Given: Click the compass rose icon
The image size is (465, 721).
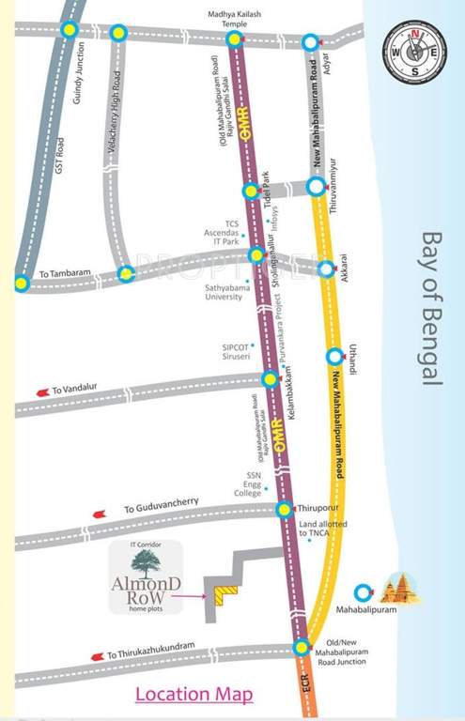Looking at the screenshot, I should pyautogui.click(x=414, y=53).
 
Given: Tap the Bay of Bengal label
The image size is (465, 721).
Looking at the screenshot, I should pyautogui.click(x=431, y=309).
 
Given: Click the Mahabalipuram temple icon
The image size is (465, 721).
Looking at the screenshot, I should pyautogui.click(x=401, y=590).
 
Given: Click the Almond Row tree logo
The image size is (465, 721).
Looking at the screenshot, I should pyautogui.click(x=146, y=564).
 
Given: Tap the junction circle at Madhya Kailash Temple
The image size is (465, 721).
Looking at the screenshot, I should pyautogui.click(x=235, y=39).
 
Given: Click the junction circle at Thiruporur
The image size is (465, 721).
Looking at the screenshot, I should pyautogui.click(x=284, y=509).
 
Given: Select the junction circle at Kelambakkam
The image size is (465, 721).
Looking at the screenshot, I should pyautogui.click(x=271, y=379).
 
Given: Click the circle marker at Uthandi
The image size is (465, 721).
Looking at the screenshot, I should pyautogui.click(x=333, y=357).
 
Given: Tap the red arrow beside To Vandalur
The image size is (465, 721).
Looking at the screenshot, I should pyautogui.click(x=41, y=391).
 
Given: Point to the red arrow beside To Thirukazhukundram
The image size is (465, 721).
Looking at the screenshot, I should pyautogui.click(x=96, y=656).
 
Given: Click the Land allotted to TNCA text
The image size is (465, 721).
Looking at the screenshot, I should pyautogui.click(x=322, y=528).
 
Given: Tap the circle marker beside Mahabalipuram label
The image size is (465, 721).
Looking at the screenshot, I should pyautogui.click(x=364, y=592).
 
